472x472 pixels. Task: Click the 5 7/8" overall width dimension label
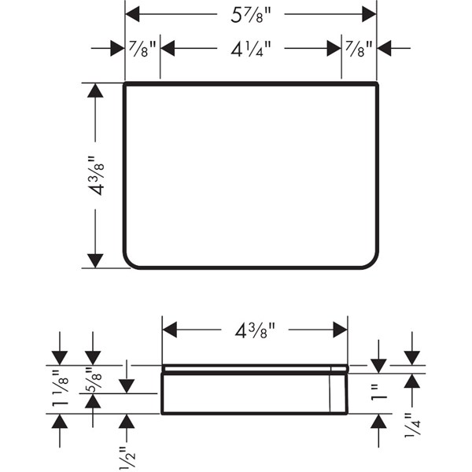coord(251,13)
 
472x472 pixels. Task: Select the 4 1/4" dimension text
coord(251,49)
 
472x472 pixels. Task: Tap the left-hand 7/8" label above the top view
coord(142,49)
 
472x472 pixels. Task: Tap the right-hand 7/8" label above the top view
coord(359,49)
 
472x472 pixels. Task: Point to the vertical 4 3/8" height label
coord(96,176)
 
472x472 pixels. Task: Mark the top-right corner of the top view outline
coord(377,83)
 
